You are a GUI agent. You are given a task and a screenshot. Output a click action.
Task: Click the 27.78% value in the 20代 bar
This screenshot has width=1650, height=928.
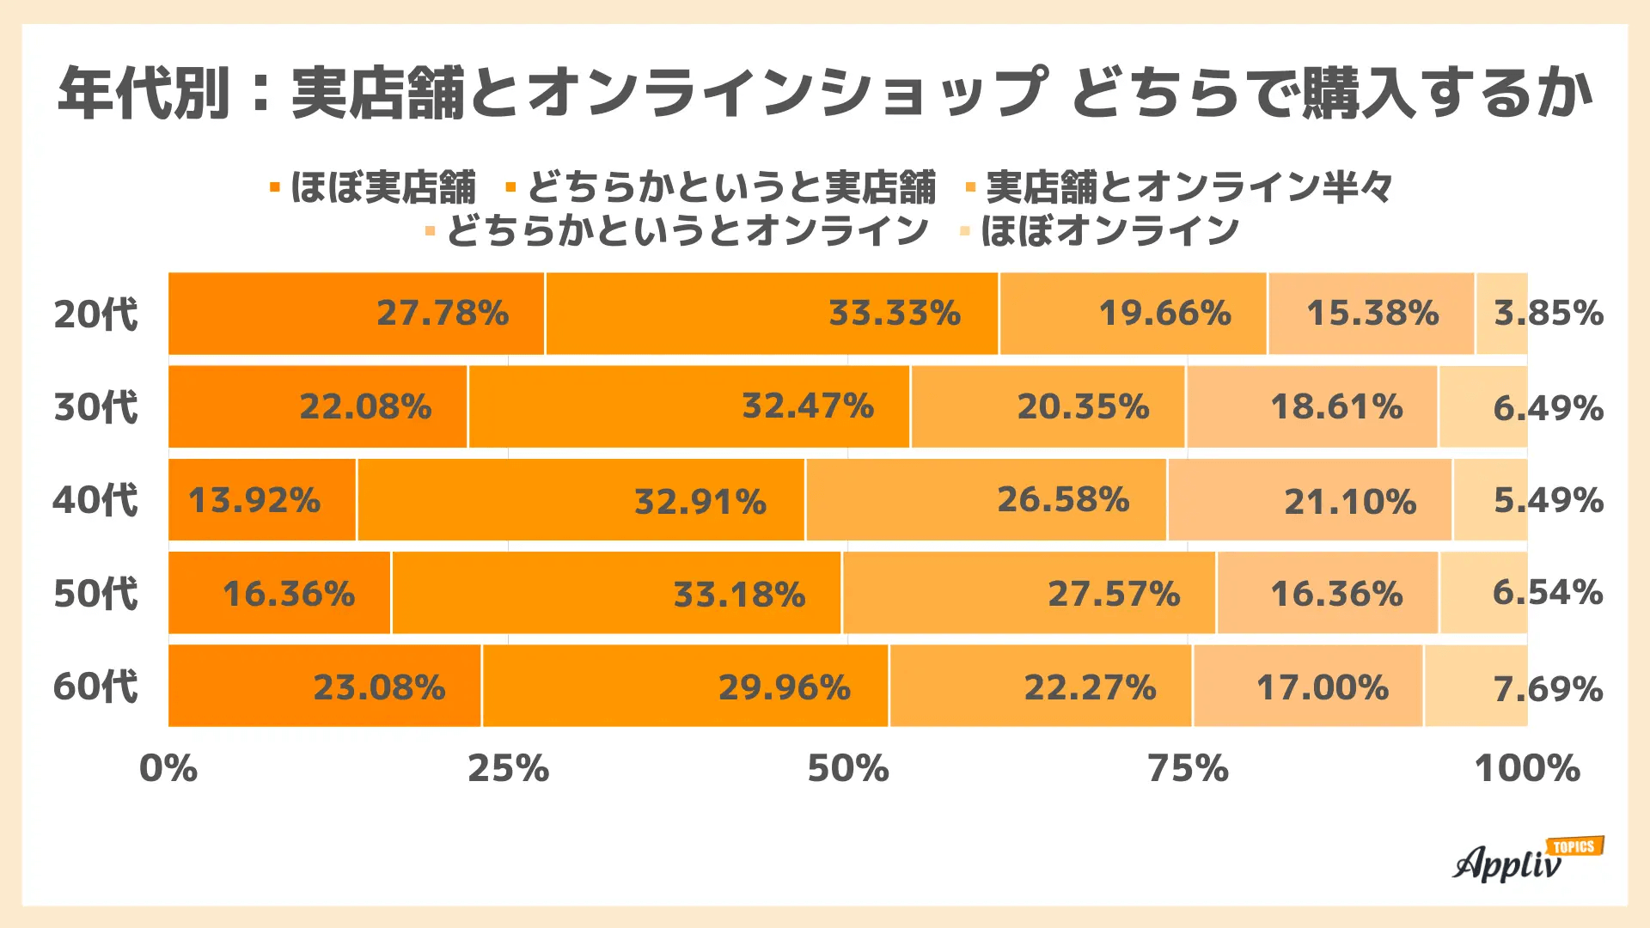(x=443, y=314)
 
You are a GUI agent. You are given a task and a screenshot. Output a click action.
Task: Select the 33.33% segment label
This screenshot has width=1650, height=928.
(x=894, y=314)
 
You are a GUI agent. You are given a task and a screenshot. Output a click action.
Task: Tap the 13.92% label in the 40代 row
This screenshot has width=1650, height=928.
(x=254, y=500)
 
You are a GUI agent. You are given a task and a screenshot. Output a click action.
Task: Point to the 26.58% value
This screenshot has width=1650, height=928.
(x=1063, y=499)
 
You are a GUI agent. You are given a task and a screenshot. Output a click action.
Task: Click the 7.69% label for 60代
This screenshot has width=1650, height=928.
(x=1548, y=689)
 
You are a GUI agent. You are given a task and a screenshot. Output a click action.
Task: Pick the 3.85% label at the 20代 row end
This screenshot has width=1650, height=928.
(x=1548, y=314)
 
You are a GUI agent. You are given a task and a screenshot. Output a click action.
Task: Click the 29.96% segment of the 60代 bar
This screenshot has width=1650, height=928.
(x=784, y=687)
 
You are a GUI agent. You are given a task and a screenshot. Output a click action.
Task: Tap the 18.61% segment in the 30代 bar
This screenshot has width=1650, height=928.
(x=1336, y=406)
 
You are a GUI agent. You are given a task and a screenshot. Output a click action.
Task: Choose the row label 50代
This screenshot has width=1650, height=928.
(x=95, y=594)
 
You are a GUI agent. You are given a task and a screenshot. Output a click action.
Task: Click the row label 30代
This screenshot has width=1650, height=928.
(x=95, y=406)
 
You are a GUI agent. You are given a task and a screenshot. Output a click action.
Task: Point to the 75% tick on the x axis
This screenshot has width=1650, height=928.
(x=1188, y=768)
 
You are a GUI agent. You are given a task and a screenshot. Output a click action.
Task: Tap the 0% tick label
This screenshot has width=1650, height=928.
(x=168, y=768)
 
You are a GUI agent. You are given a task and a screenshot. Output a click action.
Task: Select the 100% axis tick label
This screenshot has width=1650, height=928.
(x=1527, y=768)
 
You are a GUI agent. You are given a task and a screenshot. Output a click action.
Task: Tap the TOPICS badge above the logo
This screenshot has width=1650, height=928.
(x=1574, y=847)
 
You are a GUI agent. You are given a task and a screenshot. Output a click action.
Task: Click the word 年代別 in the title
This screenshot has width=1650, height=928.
(x=144, y=93)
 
